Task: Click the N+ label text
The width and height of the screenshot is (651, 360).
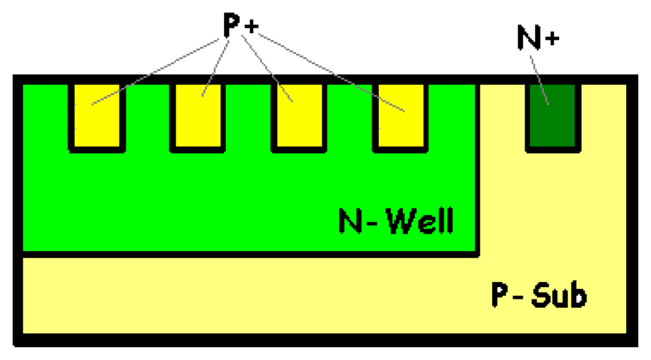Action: tap(538, 39)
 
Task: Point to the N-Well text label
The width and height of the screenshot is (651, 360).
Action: tap(395, 222)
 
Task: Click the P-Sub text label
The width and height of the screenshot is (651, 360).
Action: tap(538, 296)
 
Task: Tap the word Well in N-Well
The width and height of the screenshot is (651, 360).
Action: tap(419, 222)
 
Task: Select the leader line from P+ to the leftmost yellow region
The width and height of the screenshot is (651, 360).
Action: tap(156, 71)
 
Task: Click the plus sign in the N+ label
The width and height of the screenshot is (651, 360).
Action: tap(551, 39)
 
